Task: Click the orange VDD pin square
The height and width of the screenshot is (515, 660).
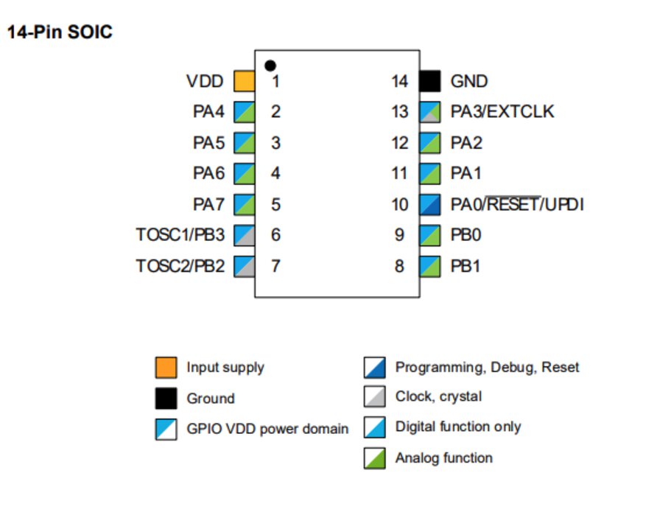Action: (244, 81)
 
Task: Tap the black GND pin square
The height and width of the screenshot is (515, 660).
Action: (430, 81)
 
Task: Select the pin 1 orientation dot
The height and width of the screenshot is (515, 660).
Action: (270, 66)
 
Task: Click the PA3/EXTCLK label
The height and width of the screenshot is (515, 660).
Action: (502, 112)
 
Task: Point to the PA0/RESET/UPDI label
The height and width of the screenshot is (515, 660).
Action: (517, 204)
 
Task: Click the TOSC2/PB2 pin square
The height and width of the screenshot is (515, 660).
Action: (244, 266)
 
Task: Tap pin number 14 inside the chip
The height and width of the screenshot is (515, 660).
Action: (399, 81)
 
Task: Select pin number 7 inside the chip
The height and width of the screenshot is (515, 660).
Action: (275, 266)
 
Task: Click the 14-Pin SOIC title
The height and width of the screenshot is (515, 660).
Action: (60, 32)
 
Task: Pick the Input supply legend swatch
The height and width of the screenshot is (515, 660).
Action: (166, 367)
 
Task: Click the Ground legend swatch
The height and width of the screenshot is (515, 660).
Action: (166, 399)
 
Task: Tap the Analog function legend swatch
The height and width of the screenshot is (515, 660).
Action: (375, 458)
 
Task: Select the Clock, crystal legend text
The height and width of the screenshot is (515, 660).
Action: (438, 396)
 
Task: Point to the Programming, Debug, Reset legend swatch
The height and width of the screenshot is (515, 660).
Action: (375, 367)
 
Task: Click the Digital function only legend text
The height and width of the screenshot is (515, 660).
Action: (457, 427)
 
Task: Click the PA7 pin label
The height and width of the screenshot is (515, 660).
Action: (208, 204)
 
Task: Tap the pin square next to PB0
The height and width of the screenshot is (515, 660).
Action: (430, 235)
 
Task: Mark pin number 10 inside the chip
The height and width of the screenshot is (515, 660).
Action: (399, 204)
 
